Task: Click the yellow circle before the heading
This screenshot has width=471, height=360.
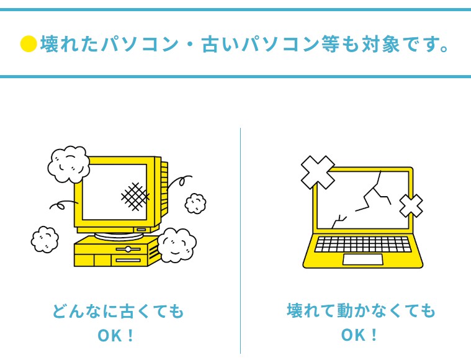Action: (x=29, y=44)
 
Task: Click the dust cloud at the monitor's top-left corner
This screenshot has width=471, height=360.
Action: (x=68, y=164)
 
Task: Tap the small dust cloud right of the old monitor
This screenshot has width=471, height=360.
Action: (x=195, y=203)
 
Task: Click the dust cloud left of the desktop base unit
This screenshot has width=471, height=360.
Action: (x=45, y=239)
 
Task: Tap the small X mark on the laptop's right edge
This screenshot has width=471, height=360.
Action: (x=411, y=206)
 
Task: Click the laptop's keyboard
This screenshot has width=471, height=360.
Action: (x=363, y=244)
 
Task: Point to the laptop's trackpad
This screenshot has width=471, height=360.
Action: (x=362, y=259)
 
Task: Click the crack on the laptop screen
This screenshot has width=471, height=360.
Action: (x=366, y=199)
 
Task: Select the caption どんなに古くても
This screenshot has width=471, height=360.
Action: (x=118, y=311)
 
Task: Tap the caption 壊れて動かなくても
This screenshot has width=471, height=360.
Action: (x=361, y=310)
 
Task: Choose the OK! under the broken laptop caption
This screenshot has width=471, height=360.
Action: (x=360, y=336)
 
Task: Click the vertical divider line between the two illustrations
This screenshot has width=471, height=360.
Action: (x=240, y=242)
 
